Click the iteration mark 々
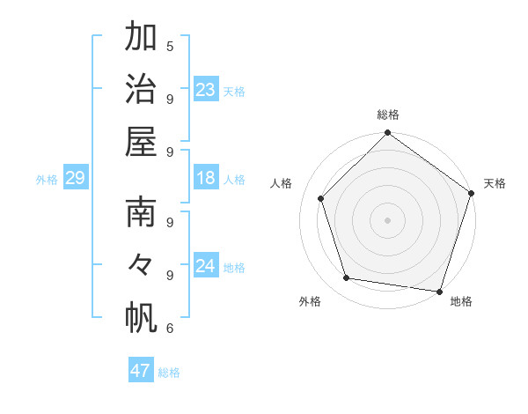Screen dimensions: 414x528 pyautogui.click(x=141, y=264)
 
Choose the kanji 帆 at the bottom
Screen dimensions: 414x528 pyautogui.click(x=141, y=317)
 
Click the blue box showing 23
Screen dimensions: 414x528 pyautogui.click(x=206, y=90)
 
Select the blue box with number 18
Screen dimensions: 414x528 pyautogui.click(x=206, y=179)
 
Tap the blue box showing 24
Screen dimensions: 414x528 pyautogui.click(x=206, y=267)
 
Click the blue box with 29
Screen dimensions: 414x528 pyautogui.click(x=75, y=179)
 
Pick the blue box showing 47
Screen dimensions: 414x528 pyautogui.click(x=141, y=371)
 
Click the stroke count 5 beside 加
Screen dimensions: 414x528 pyautogui.click(x=170, y=46)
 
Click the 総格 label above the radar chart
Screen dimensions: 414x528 pyautogui.click(x=388, y=115)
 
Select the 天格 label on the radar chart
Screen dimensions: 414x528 pyautogui.click(x=495, y=183)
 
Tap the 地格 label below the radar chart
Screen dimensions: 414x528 pyautogui.click(x=461, y=301)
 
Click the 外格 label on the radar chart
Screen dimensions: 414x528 pyautogui.click(x=310, y=301)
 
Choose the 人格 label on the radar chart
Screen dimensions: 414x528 pyautogui.click(x=282, y=183)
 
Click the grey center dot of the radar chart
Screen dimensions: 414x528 pyautogui.click(x=387, y=219)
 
